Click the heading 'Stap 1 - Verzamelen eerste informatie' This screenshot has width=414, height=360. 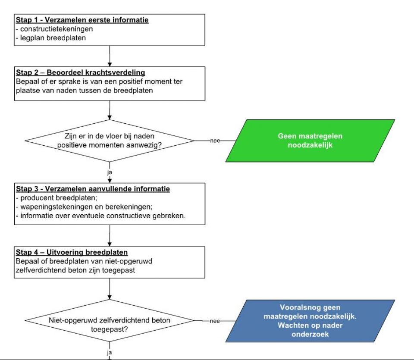[x=82, y=20]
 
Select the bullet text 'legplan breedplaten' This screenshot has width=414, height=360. [x=53, y=38]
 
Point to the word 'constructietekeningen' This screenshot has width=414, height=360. [x=56, y=29]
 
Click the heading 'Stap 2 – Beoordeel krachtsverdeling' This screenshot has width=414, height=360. [x=81, y=72]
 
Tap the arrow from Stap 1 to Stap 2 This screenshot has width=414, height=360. [x=110, y=56]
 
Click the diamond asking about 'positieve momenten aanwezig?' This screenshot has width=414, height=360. [x=110, y=141]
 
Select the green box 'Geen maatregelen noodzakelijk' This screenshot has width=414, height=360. [x=310, y=141]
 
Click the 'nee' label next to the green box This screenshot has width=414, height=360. [x=215, y=141]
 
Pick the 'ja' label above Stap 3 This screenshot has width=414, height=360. [x=110, y=172]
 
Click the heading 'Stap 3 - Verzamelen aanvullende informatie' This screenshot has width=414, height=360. [x=93, y=189]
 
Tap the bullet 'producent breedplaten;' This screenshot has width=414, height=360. [x=59, y=198]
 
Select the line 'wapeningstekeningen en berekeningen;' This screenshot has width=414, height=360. [x=86, y=207]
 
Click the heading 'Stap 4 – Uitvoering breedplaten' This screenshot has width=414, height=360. [x=72, y=252]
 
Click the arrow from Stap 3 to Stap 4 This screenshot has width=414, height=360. [x=110, y=236]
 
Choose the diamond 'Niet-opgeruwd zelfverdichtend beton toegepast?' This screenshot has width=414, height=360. [x=110, y=321]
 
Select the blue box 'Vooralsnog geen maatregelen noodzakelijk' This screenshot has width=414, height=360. [x=310, y=321]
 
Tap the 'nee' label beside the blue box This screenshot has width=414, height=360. [x=215, y=321]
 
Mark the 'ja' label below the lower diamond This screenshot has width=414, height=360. [x=110, y=352]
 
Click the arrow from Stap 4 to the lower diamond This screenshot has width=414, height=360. [x=110, y=289]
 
